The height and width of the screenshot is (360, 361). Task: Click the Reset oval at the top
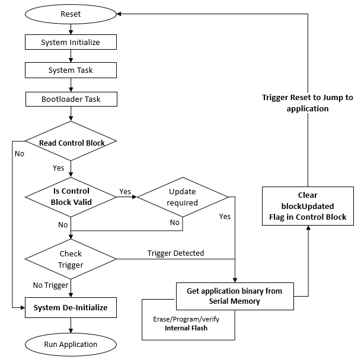pos(71,14)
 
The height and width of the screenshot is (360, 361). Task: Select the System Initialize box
pos(71,42)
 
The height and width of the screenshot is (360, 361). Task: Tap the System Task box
pos(71,70)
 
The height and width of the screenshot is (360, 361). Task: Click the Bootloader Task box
pos(71,99)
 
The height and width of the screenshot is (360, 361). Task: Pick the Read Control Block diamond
pos(71,143)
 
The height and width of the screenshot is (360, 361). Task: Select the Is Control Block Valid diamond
pos(71,196)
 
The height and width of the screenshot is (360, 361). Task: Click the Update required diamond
pos(183,197)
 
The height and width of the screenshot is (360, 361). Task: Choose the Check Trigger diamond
pos(71,258)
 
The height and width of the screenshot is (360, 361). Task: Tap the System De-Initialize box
pos(71,307)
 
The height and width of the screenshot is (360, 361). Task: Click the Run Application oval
pos(71,343)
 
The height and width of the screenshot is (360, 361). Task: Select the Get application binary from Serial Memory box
pos(234,295)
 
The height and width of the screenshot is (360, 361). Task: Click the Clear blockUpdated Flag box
pos(308,206)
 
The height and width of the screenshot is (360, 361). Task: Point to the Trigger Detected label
pos(175,253)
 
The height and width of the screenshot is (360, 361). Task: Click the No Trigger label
pos(50,285)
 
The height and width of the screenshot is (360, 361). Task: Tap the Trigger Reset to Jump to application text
pos(307,103)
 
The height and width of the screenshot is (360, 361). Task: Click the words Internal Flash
pos(186,327)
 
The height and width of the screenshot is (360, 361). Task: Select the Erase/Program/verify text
pos(186,318)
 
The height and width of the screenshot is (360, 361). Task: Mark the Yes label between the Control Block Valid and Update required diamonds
pos(125,191)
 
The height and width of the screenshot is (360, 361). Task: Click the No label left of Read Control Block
pos(20,153)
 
